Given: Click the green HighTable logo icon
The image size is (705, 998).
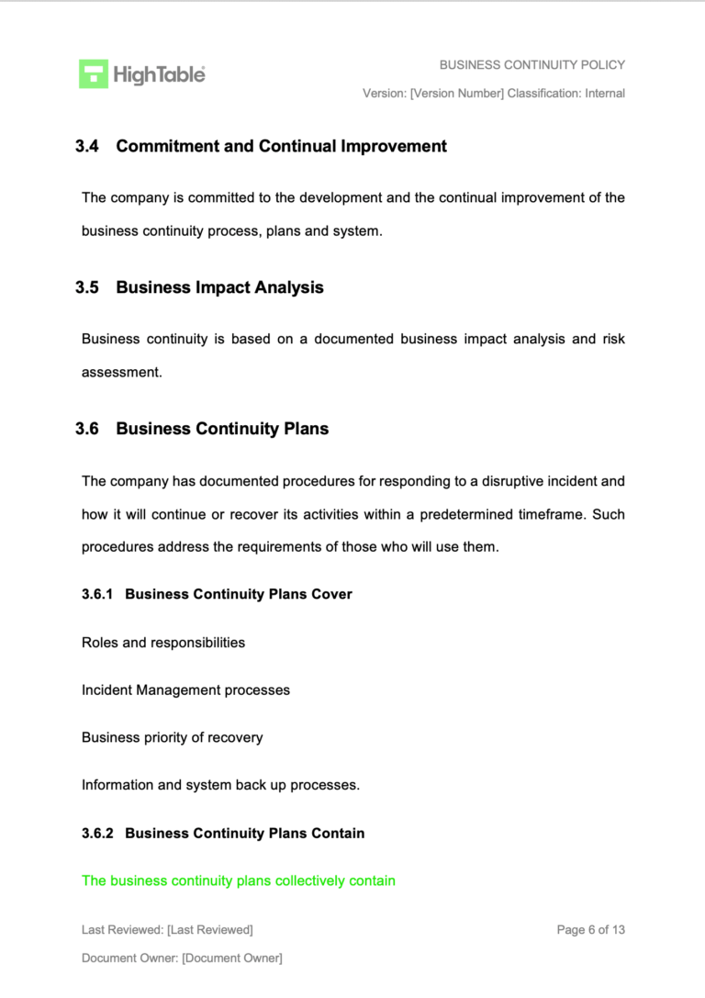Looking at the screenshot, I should point(94,73).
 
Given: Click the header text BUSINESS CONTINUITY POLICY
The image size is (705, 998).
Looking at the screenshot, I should point(532,65).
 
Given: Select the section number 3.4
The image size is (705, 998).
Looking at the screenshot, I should point(87,146).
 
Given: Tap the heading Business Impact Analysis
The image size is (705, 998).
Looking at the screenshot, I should point(219,287).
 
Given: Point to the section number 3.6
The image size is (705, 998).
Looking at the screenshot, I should point(87,429).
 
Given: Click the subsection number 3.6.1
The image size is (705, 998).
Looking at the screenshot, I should point(97,594).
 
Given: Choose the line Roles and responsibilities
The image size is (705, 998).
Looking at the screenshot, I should point(163,643).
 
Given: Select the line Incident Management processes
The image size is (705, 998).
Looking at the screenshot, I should point(185,690).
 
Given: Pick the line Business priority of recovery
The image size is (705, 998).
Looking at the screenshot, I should point(172,737).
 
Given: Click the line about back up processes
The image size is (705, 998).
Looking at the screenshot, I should point(220,785).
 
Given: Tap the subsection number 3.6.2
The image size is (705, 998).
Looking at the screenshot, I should point(97,834).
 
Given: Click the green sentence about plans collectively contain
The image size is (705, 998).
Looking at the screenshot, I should point(238,880).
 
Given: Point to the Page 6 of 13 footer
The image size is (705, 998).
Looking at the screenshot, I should point(590,930).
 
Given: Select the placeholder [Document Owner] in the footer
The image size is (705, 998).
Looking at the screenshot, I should point(232,959).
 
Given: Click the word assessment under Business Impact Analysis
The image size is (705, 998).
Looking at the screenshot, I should point(121,373).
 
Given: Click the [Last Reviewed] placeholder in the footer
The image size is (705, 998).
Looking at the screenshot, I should point(210,930).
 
